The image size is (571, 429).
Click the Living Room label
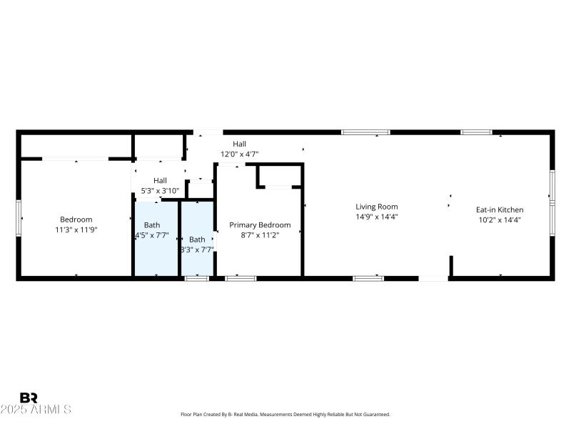pos(377,207)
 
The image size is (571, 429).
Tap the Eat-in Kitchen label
pos(500,210)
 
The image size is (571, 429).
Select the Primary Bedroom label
pos(260,225)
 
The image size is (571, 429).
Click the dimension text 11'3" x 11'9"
pos(76,230)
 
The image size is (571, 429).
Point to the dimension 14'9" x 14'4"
pos(377,217)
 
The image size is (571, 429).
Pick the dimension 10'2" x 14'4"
pos(500,220)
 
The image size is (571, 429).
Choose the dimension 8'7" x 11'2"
pos(260,235)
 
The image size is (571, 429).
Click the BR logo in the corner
pos(29,398)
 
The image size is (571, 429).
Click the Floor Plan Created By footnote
pos(285,415)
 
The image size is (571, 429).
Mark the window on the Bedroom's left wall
pos(19,214)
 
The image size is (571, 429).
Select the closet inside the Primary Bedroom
pos(279,176)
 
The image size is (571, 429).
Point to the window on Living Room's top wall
pos(365,132)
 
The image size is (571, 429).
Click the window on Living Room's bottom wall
pos(368,277)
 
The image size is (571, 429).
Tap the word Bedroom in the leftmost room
pos(76,220)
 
